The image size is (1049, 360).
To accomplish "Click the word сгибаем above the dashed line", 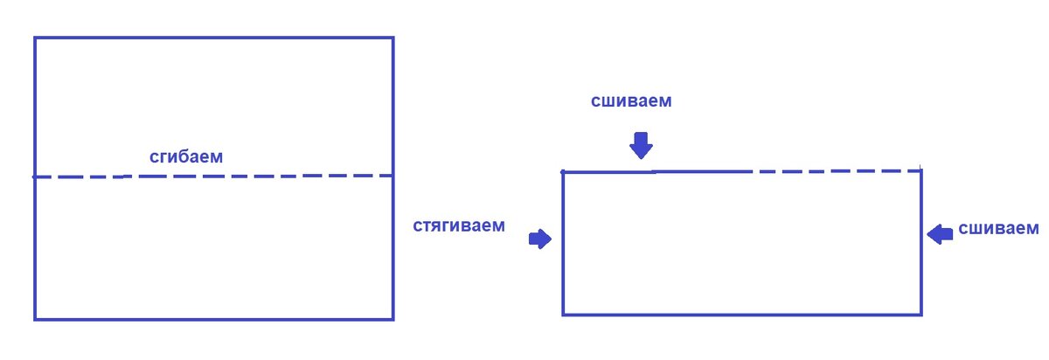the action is click(186, 157).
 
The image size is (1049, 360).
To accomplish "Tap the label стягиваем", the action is click(459, 225).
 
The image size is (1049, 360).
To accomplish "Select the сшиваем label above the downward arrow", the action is click(631, 100).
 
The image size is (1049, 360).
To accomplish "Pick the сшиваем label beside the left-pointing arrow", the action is click(998, 229).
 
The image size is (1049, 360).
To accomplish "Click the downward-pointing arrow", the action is click(642, 145).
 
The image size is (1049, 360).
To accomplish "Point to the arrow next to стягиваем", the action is click(540, 239).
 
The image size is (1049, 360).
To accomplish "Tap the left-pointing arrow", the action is click(940, 233).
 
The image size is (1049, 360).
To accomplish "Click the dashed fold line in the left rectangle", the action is click(262, 176).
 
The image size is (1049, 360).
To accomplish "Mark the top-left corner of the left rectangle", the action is click(35, 38).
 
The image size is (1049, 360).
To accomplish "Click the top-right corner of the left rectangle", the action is click(393, 38).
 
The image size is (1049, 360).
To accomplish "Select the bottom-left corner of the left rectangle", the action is click(35, 318).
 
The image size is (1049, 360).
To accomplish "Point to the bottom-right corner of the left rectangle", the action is click(393, 318).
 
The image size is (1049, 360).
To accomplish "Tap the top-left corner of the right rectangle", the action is click(563, 171).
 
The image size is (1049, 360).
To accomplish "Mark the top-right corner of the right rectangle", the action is click(921, 170).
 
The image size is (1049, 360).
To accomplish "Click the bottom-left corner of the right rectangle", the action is click(563, 314).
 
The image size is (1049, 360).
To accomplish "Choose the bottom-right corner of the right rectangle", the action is click(921, 314).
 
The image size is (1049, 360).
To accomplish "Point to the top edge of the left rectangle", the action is click(214, 38).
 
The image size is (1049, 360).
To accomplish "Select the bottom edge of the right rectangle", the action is click(742, 314).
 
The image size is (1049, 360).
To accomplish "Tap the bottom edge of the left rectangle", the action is click(214, 318).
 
